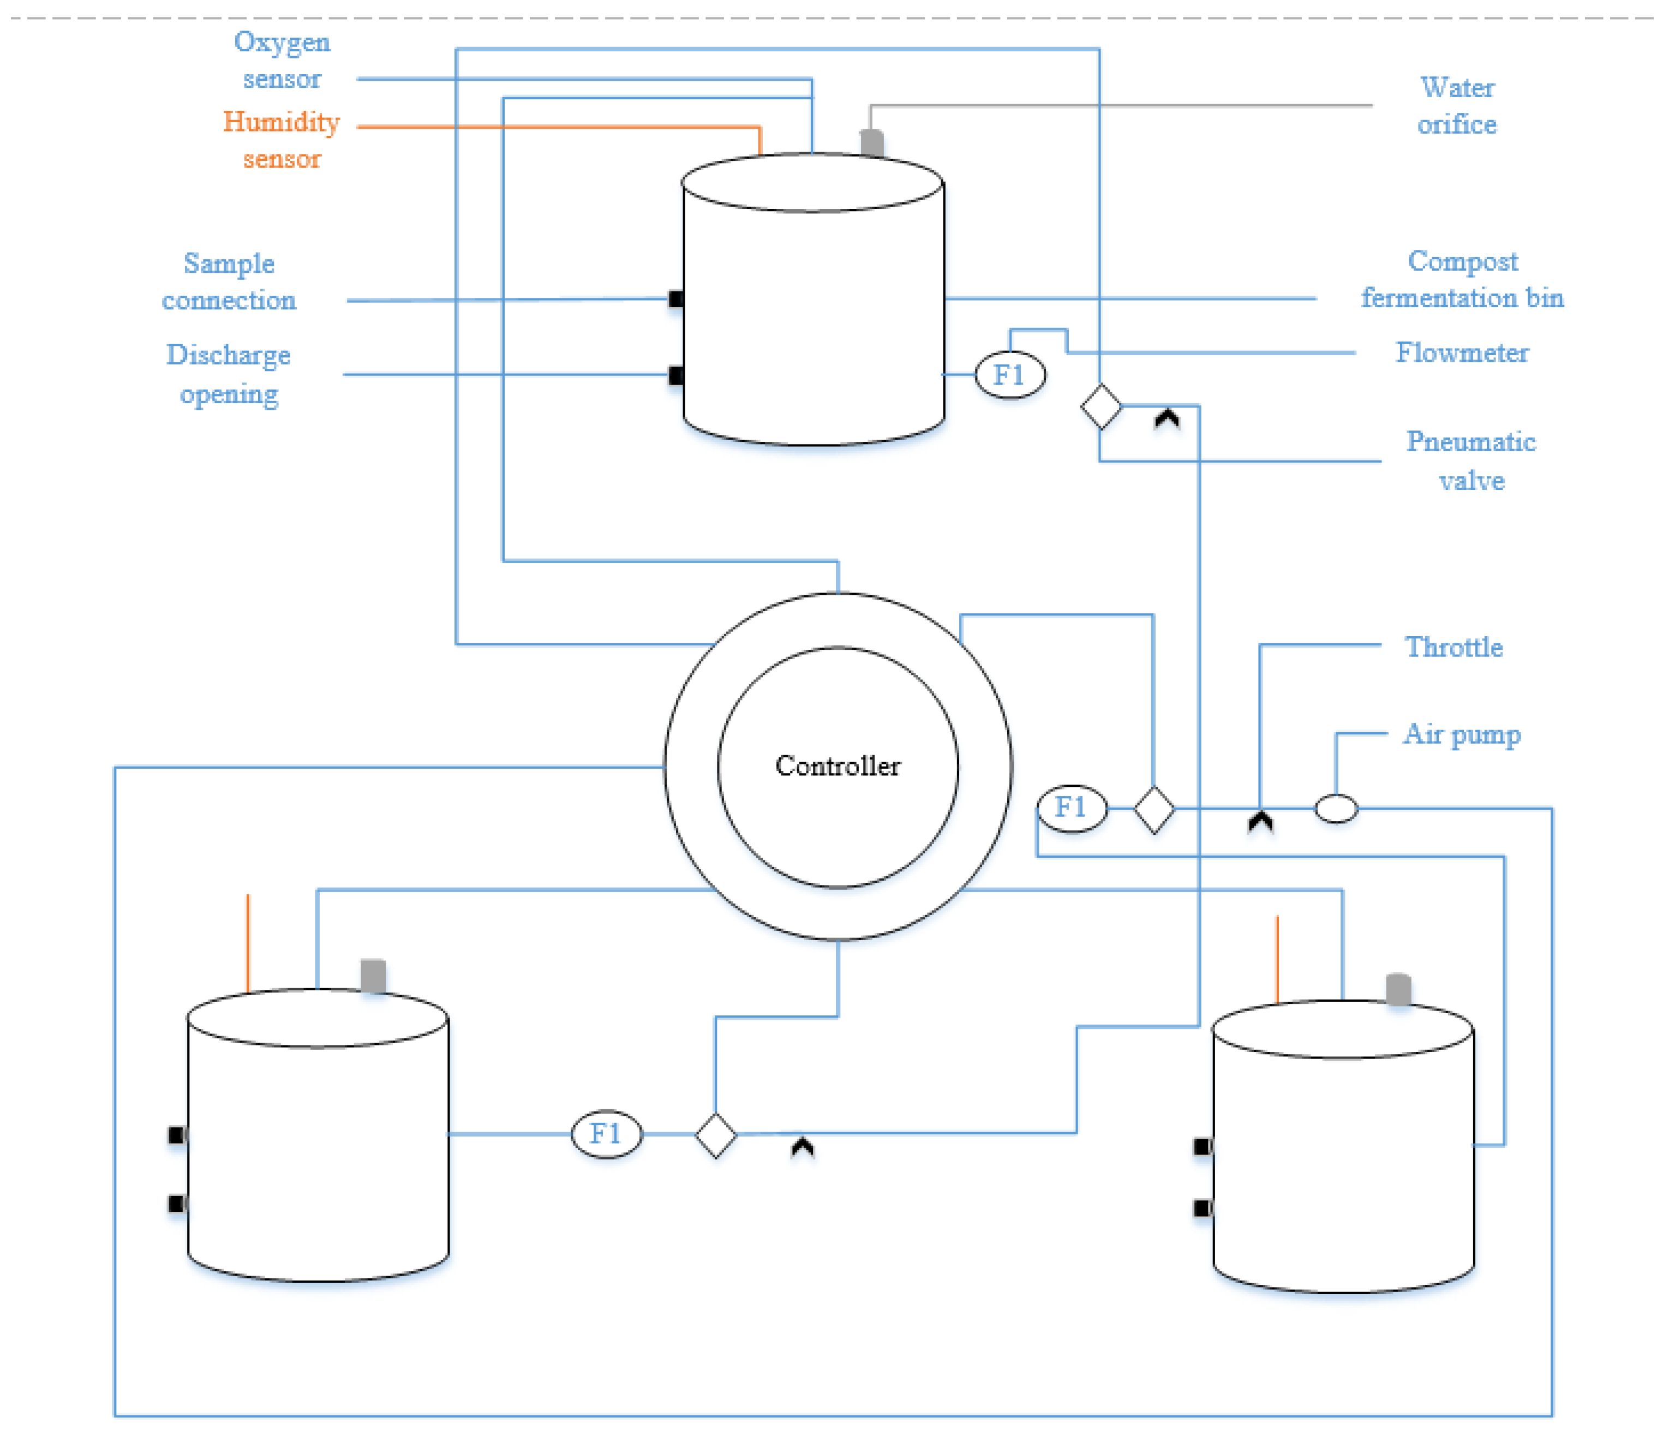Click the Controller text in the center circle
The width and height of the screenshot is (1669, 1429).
point(837,766)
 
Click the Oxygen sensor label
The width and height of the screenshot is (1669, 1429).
point(282,61)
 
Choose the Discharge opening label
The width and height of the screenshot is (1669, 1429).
point(229,374)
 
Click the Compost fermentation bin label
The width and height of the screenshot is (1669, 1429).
point(1462,279)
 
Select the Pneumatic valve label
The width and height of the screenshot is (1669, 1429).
point(1471,460)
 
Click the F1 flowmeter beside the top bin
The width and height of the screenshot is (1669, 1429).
point(1010,374)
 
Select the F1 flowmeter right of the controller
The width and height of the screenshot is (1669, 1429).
point(1072,806)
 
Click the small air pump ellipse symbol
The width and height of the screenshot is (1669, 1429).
point(1336,808)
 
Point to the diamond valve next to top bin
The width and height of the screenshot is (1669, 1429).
point(1100,407)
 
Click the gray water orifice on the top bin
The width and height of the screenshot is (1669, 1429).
point(871,142)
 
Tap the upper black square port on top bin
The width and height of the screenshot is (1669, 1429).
point(677,299)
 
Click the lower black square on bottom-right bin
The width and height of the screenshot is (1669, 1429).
point(1202,1207)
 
